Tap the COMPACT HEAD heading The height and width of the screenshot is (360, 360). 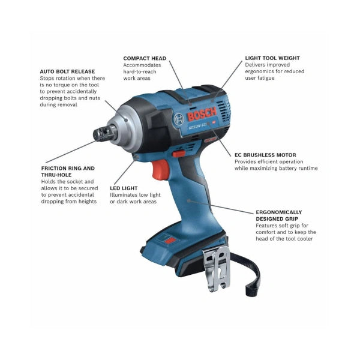[x=145, y=58]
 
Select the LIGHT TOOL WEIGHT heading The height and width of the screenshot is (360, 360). [x=272, y=58]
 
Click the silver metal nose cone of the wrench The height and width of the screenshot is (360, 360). [x=127, y=122]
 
